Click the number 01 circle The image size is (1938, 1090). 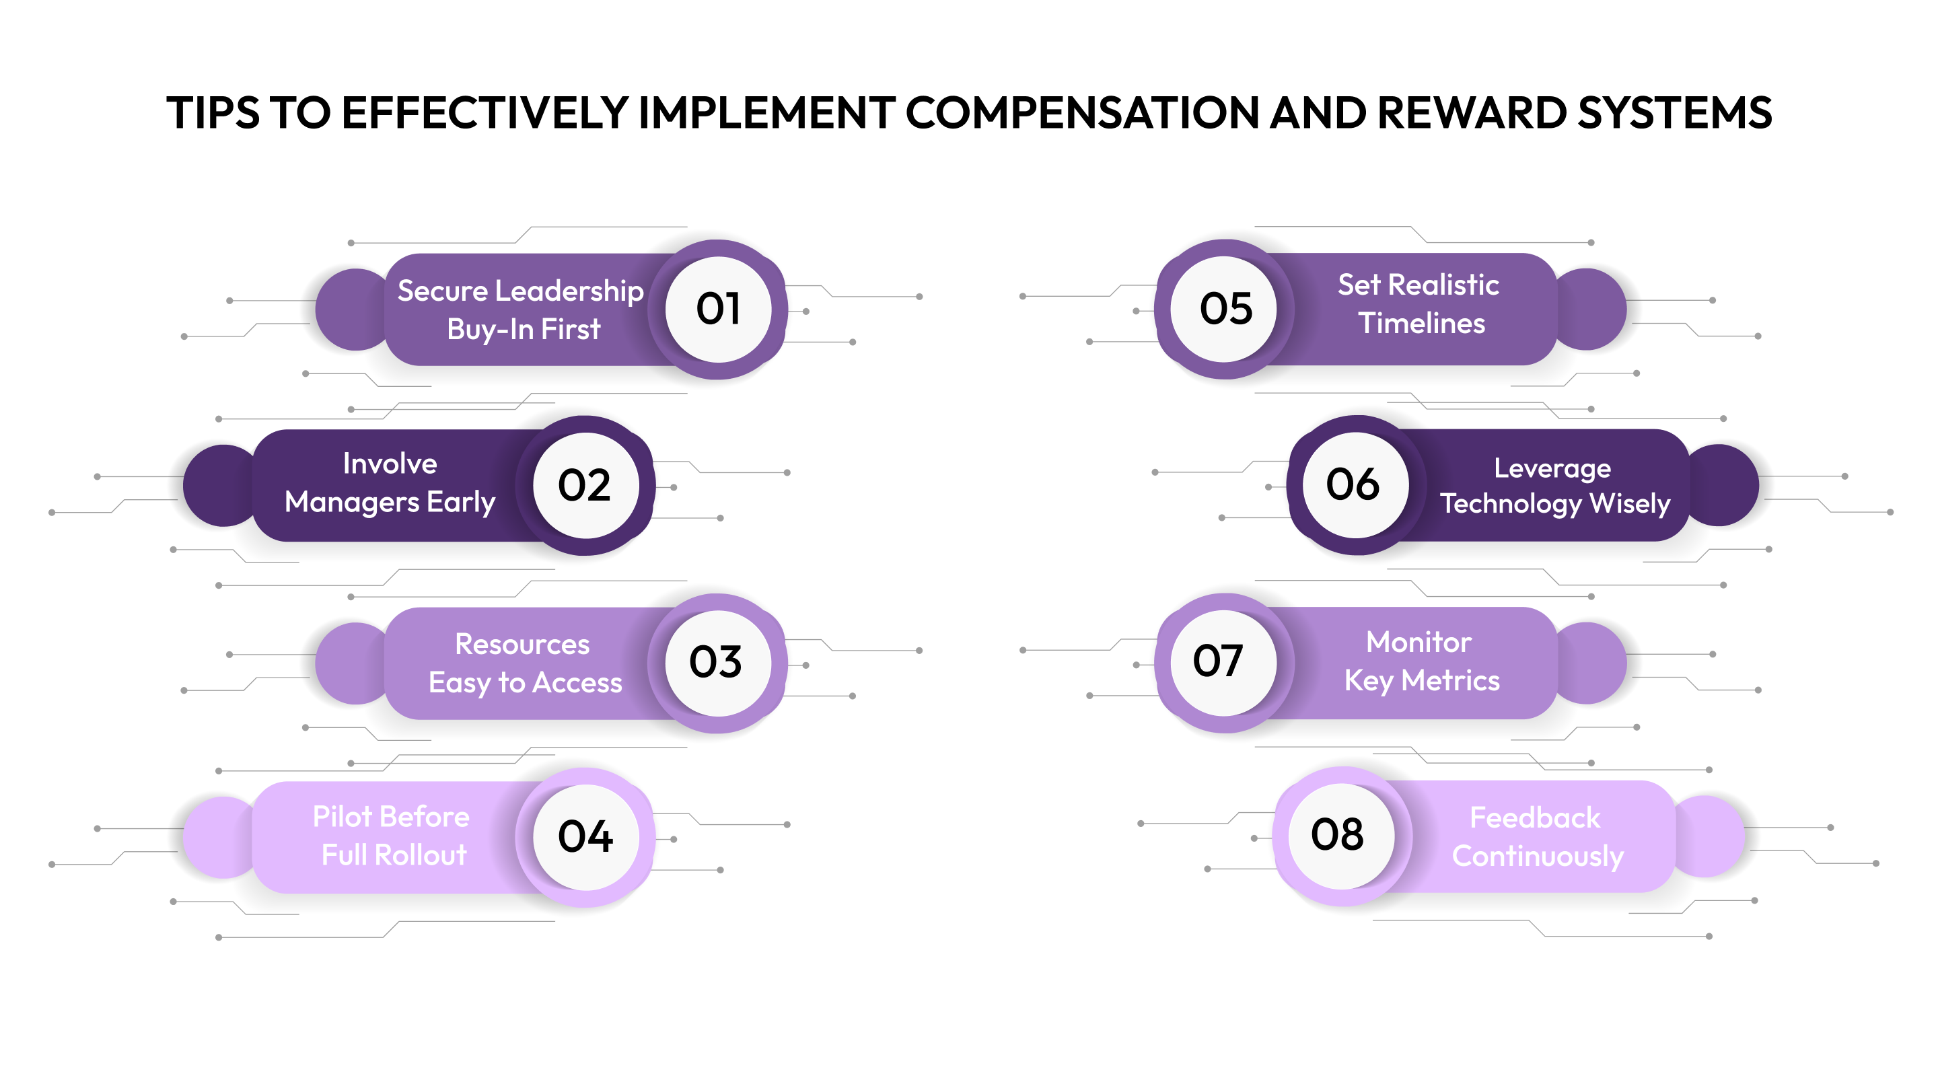pos(719,310)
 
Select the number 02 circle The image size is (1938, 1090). pos(585,485)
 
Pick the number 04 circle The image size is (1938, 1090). pos(585,837)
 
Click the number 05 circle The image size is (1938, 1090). pos(1225,310)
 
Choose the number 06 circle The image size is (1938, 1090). pos(1354,484)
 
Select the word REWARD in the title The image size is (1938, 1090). pos(1470,113)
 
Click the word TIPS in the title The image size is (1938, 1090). pos(213,113)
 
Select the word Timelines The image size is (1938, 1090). pos(1421,324)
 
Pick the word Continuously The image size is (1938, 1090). pos(1537,856)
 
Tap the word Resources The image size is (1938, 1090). pos(522,645)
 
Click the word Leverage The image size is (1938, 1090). pos(1552,469)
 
